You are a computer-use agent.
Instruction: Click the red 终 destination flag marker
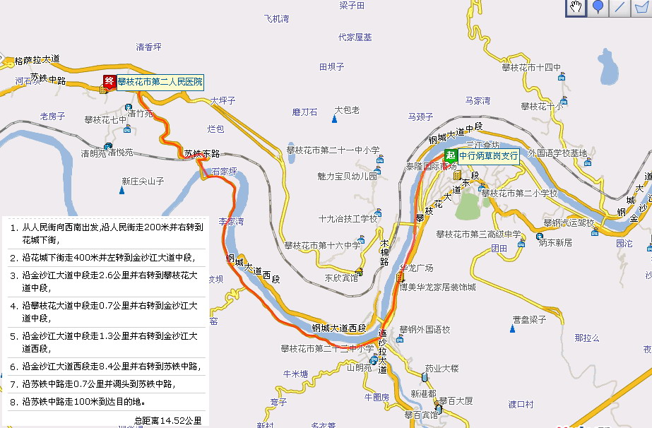109,82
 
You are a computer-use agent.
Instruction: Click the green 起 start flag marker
450,156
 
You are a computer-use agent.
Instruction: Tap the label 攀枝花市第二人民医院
160,83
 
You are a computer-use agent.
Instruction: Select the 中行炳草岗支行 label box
488,156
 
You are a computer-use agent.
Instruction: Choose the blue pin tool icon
598,8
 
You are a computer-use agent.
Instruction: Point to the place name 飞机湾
276,19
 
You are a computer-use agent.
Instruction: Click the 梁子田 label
351,6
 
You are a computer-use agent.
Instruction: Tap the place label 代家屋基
355,37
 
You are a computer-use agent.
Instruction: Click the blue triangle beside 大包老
334,118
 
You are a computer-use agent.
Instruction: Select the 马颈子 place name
420,117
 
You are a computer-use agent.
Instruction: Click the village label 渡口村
521,405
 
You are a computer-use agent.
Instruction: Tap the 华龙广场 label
416,268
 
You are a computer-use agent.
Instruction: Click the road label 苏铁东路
201,153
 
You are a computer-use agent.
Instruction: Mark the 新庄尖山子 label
142,181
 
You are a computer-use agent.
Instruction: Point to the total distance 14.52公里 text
167,420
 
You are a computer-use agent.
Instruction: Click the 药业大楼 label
441,368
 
